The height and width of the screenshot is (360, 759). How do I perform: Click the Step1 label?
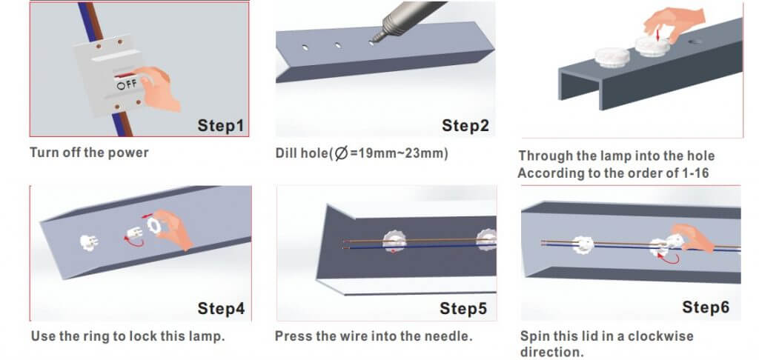coord(220,126)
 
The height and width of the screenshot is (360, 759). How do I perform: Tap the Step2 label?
coord(465,126)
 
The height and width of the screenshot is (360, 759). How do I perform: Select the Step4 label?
coord(221,309)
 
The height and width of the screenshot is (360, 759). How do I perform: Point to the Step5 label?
coord(463,309)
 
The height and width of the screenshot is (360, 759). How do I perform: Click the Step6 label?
coord(706,307)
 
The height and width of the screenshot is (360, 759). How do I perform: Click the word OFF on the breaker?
coord(127,84)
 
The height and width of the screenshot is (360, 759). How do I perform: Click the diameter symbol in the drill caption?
coord(342,154)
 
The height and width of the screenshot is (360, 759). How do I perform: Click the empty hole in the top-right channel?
coord(695,41)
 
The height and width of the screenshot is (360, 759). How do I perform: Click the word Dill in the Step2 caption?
coord(285,153)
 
